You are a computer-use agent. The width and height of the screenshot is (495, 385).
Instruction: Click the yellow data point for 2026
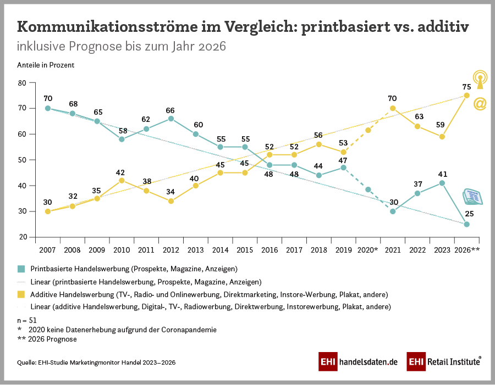(x=466, y=95)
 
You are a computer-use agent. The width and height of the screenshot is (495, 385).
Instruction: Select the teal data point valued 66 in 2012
(x=171, y=119)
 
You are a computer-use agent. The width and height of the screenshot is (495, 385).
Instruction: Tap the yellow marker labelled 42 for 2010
(x=122, y=180)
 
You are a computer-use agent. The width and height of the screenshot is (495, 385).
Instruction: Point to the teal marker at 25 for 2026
(x=466, y=224)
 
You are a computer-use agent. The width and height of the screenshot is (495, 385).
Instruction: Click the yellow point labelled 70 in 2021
(x=393, y=108)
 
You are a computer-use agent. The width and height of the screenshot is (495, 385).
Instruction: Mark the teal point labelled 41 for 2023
(x=442, y=183)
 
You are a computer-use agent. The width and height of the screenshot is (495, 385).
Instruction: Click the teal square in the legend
(x=21, y=269)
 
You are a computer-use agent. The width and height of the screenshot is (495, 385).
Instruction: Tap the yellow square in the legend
(x=21, y=294)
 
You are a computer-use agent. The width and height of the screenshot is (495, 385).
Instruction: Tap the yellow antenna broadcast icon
(x=480, y=79)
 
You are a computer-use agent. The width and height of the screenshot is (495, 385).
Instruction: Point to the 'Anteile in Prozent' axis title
(x=46, y=65)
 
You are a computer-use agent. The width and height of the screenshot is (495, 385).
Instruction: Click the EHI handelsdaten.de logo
(x=358, y=362)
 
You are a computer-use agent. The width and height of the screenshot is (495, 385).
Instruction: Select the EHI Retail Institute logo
(x=444, y=362)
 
